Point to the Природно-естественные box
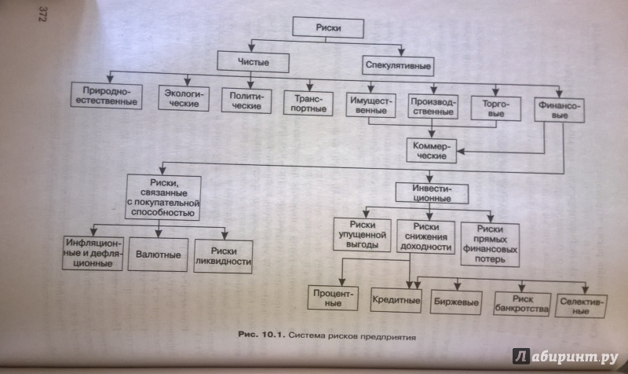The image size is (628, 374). tap(107, 96)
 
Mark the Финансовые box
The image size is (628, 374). tap(558, 108)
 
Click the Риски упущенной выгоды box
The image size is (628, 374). tap(360, 233)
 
